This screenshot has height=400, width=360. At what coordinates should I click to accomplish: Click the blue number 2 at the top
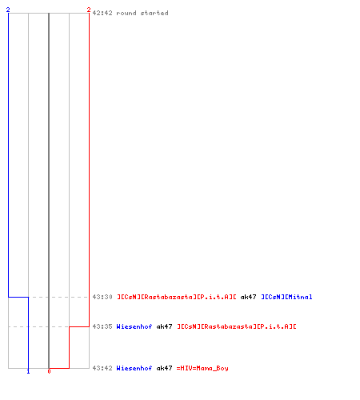[x=8, y=10]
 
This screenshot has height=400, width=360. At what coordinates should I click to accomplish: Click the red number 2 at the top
[x=89, y=10]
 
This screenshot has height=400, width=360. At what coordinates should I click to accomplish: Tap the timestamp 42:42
[x=102, y=13]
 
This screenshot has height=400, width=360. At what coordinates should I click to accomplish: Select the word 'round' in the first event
[x=126, y=13]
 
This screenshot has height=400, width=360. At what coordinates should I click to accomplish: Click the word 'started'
[x=154, y=13]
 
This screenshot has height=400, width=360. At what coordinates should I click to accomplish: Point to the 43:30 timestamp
[x=102, y=297]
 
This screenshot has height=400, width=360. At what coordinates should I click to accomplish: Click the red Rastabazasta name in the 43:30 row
[x=177, y=297]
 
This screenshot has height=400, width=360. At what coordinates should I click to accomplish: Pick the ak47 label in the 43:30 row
[x=248, y=297]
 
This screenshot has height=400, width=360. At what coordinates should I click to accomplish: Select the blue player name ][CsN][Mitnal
[x=286, y=297]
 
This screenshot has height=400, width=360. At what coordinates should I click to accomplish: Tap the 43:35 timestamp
[x=102, y=326]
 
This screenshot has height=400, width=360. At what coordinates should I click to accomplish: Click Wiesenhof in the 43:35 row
[x=134, y=326]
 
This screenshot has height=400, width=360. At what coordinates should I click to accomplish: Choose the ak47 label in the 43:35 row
[x=164, y=326]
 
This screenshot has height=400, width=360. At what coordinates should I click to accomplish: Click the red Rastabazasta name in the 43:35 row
[x=237, y=326]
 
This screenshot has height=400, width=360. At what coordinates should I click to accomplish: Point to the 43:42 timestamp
[x=102, y=368]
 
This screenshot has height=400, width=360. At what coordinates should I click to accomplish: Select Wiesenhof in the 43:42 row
[x=134, y=368]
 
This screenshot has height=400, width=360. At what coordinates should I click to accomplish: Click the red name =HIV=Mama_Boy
[x=202, y=368]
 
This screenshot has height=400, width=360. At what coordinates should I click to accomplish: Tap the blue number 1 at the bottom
[x=28, y=371]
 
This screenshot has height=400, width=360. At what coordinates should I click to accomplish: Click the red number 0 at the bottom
[x=49, y=371]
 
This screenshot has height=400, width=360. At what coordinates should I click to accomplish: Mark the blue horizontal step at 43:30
[x=18, y=297]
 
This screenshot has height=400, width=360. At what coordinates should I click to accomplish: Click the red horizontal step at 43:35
[x=79, y=326]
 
